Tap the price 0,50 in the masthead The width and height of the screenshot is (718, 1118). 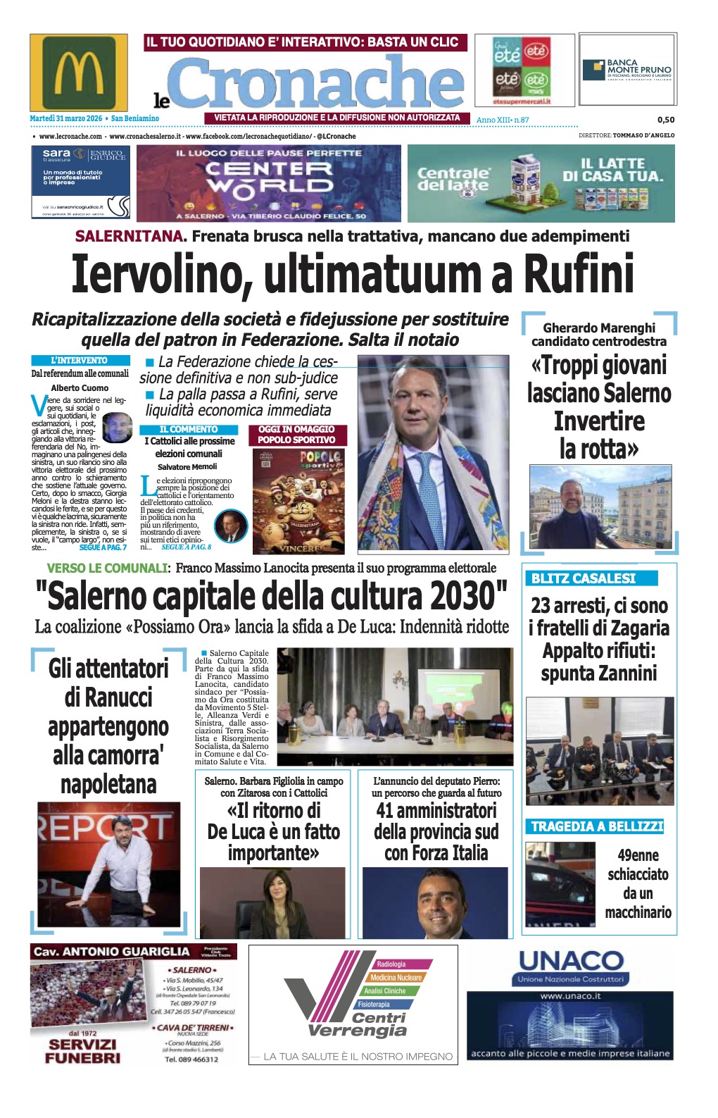point(665,120)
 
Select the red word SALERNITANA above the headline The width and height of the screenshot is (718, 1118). point(129,236)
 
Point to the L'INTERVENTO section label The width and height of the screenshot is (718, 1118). point(80,360)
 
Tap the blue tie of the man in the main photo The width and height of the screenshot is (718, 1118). point(427,486)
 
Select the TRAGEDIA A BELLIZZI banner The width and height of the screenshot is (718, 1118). point(597,826)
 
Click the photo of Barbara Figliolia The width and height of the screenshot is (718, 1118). point(272,902)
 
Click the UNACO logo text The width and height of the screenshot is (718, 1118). point(571,961)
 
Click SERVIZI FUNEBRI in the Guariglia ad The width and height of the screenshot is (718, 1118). point(83,1051)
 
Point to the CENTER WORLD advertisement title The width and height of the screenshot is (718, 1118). point(269,177)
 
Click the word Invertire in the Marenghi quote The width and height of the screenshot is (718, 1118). point(599,421)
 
